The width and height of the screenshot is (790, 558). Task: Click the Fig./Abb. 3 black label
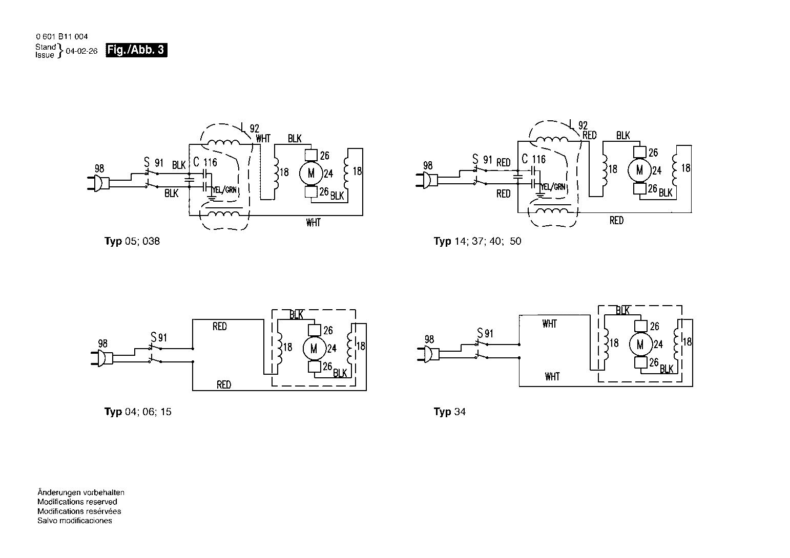(136, 50)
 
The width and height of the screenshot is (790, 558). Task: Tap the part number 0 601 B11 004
(61, 36)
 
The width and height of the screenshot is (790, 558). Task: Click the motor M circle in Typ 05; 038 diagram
(311, 173)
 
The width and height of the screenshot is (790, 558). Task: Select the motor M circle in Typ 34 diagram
(640, 345)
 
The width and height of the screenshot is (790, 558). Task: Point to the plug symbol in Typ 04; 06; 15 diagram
(102, 358)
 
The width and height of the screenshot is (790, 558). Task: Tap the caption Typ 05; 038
(132, 241)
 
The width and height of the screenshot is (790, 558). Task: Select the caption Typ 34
(450, 412)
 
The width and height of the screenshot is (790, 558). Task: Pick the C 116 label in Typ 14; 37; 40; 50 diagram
(534, 159)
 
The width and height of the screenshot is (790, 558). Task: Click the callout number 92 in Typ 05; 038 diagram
(254, 128)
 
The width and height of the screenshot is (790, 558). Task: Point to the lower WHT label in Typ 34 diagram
(552, 377)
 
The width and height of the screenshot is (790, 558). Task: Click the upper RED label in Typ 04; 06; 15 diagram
(220, 327)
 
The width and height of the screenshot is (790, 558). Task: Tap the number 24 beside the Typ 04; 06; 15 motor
(332, 349)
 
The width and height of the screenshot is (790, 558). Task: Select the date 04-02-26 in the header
(81, 51)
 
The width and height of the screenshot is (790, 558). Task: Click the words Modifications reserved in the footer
(77, 502)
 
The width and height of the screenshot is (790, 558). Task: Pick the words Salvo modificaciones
(75, 521)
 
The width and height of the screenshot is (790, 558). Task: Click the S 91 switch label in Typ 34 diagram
(485, 333)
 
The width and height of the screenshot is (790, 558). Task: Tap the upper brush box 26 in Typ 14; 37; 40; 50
(640, 152)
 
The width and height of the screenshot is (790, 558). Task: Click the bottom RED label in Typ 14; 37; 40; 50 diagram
(616, 220)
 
